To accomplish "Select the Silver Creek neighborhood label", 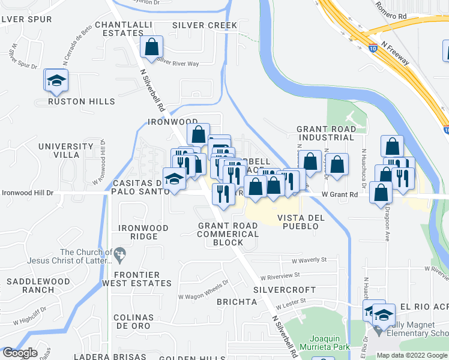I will pos(205,25).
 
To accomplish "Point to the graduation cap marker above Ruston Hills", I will pos(56,80).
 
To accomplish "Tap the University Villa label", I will pos(67,151).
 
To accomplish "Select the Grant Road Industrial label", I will pos(325,133).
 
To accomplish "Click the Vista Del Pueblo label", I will pos(301,218).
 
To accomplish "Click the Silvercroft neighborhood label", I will pos(276,289).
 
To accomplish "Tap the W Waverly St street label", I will pos(309,260).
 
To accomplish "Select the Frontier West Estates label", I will pos(136,279).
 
